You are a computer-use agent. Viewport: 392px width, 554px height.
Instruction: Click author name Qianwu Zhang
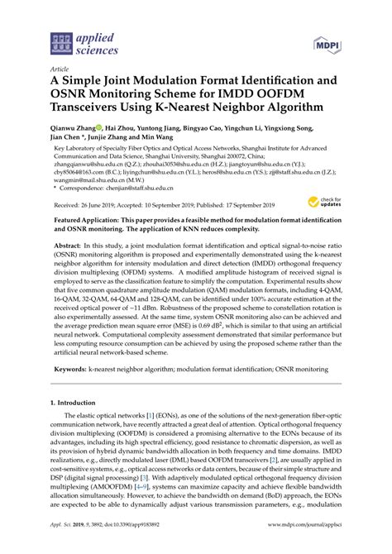74,130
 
